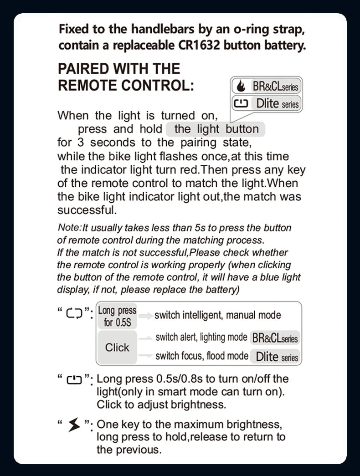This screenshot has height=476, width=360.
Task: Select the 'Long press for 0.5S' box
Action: (117, 316)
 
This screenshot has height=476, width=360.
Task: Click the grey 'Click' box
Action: (117, 348)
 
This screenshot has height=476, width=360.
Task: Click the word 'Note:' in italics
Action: (69, 227)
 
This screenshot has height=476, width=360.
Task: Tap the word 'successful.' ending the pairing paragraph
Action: (87, 210)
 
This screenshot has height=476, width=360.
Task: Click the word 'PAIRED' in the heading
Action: (83, 69)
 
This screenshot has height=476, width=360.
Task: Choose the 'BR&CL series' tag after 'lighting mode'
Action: (275, 338)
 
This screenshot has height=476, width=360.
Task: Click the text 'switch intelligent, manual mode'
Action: (218, 315)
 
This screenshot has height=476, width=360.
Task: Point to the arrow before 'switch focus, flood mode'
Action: (145, 356)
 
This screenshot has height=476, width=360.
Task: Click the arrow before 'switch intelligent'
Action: (146, 315)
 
